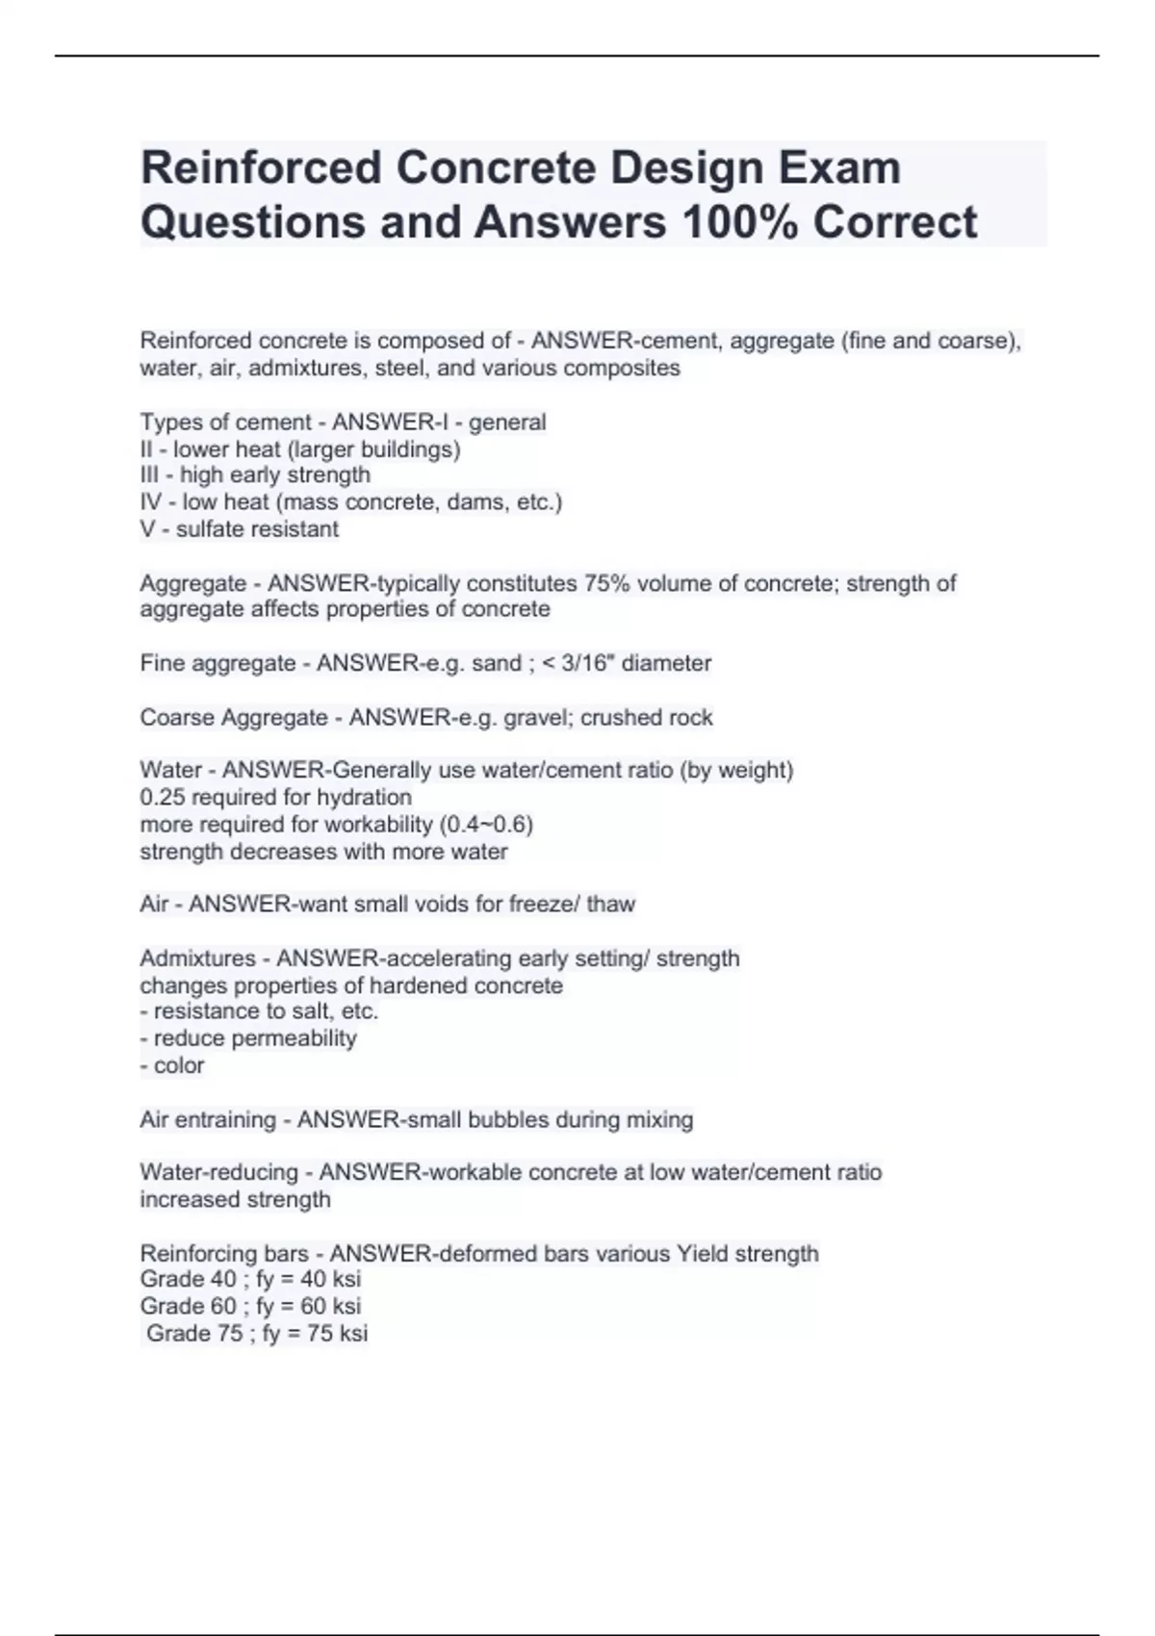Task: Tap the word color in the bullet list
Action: [179, 1064]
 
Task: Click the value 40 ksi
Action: [331, 1279]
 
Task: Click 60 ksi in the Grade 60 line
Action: [331, 1306]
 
